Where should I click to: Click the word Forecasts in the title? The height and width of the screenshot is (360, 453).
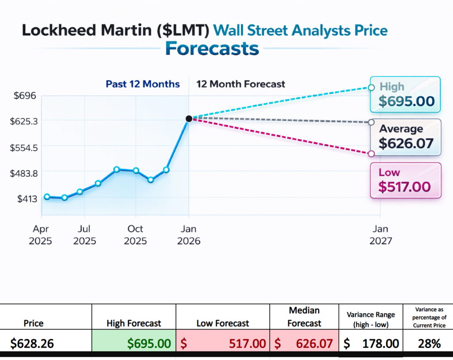[x=212, y=49]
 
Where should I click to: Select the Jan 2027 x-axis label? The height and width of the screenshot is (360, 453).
[x=380, y=235]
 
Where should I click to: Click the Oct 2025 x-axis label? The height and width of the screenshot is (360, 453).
[x=135, y=235]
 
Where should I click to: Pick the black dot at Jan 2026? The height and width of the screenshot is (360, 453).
[x=189, y=119]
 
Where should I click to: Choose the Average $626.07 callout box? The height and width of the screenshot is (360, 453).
[x=406, y=137]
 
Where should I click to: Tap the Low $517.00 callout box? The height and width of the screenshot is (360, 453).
[x=405, y=180]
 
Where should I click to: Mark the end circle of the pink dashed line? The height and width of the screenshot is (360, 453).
[x=371, y=154]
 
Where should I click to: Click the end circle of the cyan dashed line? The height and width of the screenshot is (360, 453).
[x=371, y=88]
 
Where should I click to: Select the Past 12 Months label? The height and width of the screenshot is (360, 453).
[x=142, y=84]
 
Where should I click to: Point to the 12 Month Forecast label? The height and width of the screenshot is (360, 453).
[x=241, y=84]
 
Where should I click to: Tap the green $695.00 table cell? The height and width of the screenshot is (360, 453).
[x=134, y=343]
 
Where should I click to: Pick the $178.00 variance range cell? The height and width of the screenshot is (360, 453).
[x=371, y=343]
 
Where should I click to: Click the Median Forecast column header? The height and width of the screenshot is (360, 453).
[x=304, y=316]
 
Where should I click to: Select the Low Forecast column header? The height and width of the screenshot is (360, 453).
[x=223, y=323]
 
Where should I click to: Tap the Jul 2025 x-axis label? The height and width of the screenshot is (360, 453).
[x=84, y=235]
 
